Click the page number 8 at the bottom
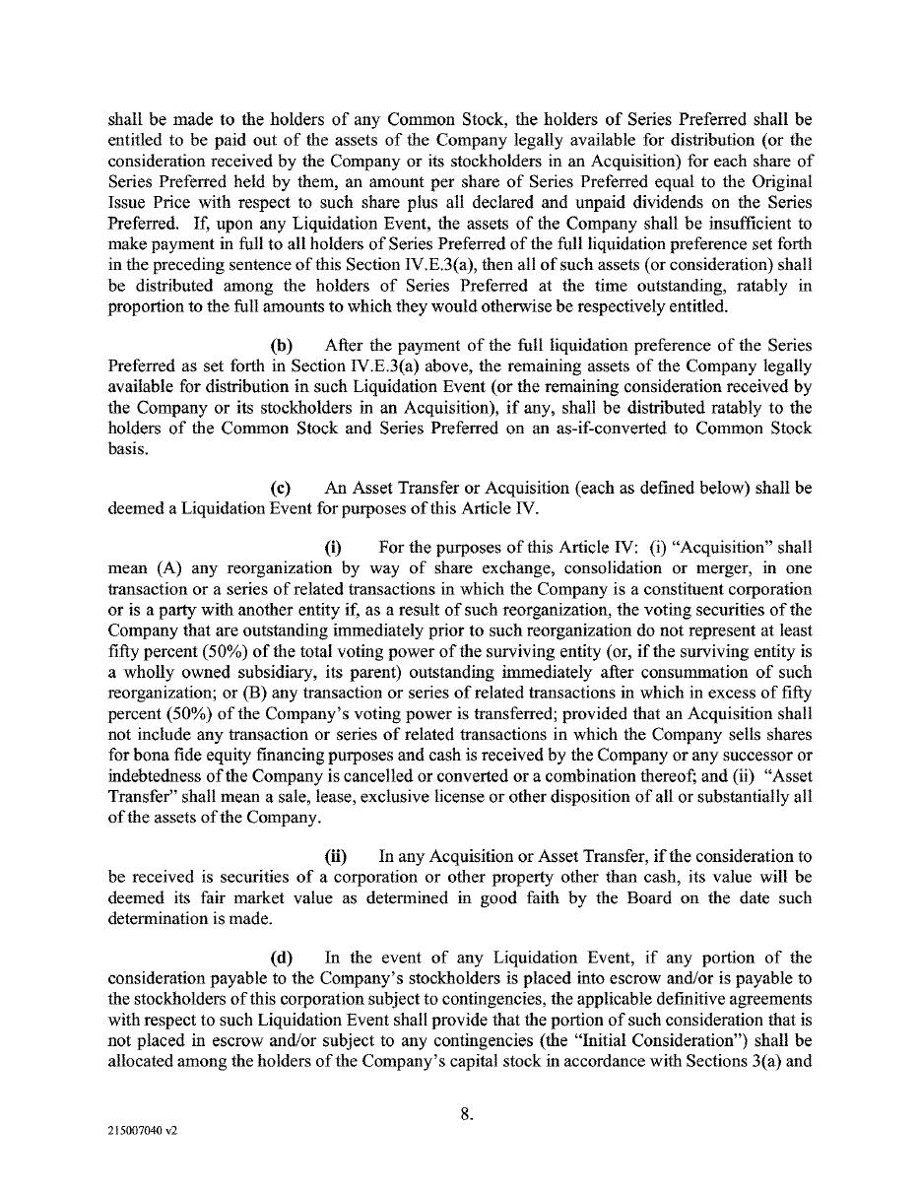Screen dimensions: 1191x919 click(467, 1115)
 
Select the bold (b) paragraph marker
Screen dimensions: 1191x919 click(282, 345)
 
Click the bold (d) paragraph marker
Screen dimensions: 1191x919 click(282, 957)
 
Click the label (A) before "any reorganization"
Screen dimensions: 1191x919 click(167, 568)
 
